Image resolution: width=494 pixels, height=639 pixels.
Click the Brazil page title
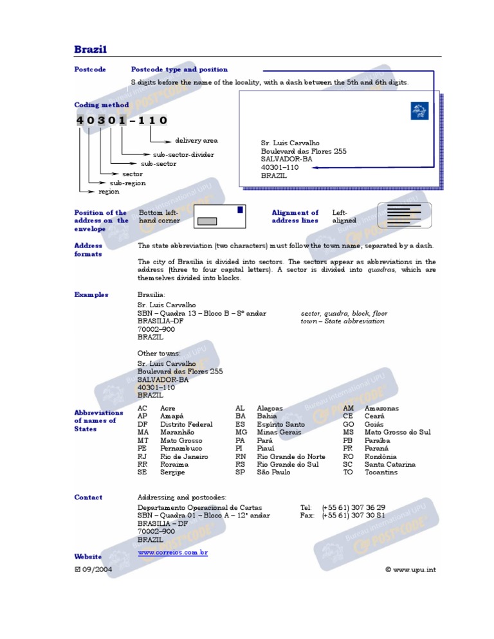point(91,50)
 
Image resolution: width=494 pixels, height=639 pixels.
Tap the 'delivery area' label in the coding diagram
point(196,140)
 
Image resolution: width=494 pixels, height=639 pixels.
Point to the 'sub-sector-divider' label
point(183,154)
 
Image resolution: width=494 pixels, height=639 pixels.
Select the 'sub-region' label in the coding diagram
point(127,183)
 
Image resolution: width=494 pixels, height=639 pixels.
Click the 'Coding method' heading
point(102,105)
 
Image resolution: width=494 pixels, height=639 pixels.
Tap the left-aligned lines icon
point(403,215)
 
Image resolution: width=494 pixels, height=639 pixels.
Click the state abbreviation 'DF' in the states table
point(143,424)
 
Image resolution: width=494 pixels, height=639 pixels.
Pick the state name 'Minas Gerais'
point(280,433)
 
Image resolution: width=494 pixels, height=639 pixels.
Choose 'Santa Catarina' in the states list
point(390,464)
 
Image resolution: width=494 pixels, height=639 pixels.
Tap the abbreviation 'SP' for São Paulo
point(241,473)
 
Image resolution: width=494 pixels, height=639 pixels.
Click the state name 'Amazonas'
point(381,408)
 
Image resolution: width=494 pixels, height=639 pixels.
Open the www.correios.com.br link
point(172,552)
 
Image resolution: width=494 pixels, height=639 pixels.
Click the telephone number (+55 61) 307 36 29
point(353,507)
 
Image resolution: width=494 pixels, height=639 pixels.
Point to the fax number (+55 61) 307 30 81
point(353,516)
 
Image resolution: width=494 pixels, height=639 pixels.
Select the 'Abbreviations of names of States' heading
point(98,420)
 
